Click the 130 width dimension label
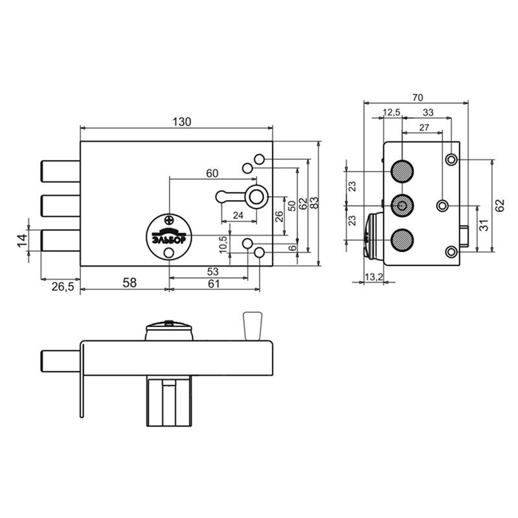tap(182, 122)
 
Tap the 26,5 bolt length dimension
tap(63, 286)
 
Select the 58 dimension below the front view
tap(129, 283)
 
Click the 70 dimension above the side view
tap(418, 98)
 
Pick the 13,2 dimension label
tap(374, 276)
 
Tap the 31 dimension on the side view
tap(483, 225)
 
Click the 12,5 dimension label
tap(392, 112)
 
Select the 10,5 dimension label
tap(223, 244)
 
